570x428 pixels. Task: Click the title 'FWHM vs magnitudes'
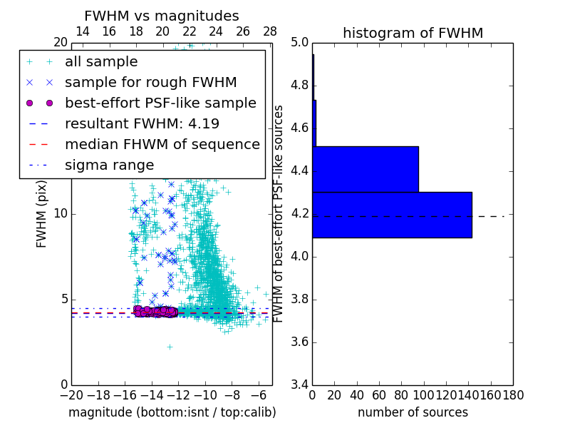pos(162,16)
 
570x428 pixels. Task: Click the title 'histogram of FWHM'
pos(413,33)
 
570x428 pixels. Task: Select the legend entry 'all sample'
pos(101,62)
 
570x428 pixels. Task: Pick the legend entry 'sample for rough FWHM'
pos(150,82)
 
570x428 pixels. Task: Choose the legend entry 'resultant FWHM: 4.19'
pos(142,123)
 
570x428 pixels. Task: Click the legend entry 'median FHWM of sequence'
pos(162,144)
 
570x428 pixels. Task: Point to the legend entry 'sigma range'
pos(109,165)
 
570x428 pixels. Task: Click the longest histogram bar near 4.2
pos(392,215)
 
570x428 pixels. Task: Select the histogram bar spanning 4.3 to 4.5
pos(365,169)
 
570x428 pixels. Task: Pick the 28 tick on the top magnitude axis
pos(270,31)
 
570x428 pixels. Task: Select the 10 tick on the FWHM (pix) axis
pos(60,214)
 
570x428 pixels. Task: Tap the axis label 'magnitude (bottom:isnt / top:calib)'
pos(172,412)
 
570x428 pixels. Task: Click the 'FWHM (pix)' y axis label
pos(41,213)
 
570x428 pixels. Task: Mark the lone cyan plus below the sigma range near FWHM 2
pos(170,347)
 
